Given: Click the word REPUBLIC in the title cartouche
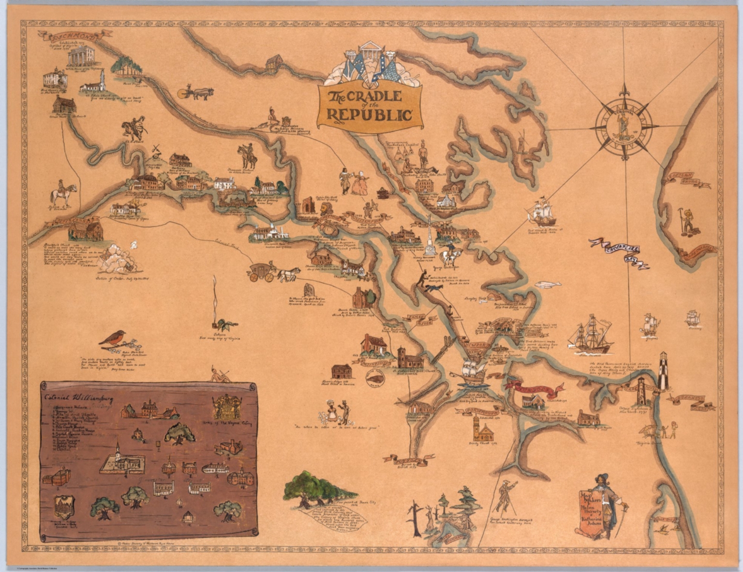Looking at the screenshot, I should click(370, 115).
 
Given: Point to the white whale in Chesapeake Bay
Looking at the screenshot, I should click(548, 284).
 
